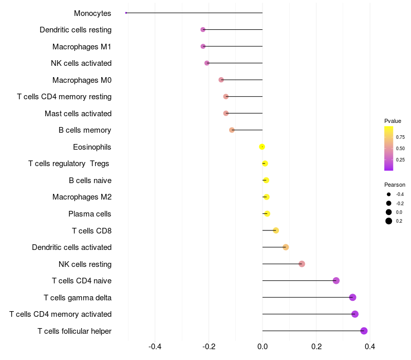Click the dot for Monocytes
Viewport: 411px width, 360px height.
pyautogui.click(x=126, y=13)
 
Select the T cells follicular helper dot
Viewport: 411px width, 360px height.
pyautogui.click(x=364, y=331)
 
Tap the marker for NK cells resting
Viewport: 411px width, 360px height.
pyautogui.click(x=302, y=264)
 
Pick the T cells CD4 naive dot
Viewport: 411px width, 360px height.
pyautogui.click(x=336, y=281)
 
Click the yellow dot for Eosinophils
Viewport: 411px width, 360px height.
pyautogui.click(x=262, y=147)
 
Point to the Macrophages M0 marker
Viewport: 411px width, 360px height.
pyautogui.click(x=221, y=80)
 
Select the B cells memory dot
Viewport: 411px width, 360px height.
pyautogui.click(x=232, y=130)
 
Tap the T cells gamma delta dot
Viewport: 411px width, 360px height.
pyautogui.click(x=352, y=297)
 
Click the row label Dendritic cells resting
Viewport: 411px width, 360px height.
pyautogui.click(x=76, y=30)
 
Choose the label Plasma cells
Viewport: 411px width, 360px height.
pyautogui.click(x=90, y=214)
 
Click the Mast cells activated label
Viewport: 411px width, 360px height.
pyautogui.click(x=78, y=113)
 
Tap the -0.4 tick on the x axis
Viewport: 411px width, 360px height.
pyautogui.click(x=155, y=346)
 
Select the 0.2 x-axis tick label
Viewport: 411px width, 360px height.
pyautogui.click(x=316, y=346)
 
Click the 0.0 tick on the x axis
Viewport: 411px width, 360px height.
pyautogui.click(x=262, y=346)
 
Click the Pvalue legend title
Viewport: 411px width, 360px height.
pyautogui.click(x=393, y=121)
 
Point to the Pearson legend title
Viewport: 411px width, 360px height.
pyautogui.click(x=395, y=185)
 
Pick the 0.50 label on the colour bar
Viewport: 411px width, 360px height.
pyautogui.click(x=400, y=149)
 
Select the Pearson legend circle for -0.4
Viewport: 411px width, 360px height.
pyautogui.click(x=389, y=194)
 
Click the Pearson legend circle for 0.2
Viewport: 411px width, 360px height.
pyautogui.click(x=389, y=221)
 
